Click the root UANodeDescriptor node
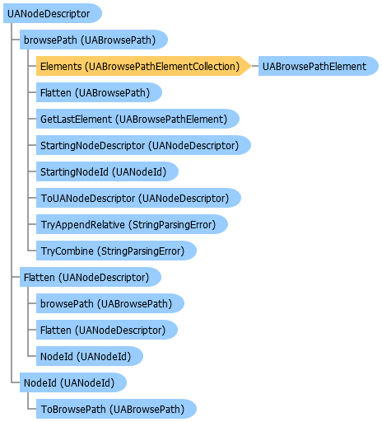49,13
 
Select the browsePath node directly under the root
92,40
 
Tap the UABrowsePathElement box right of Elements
314,66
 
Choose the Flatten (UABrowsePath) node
99,92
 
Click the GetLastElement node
134,119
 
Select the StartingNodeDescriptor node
139,145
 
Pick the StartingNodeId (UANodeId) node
107,171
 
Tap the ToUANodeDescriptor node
134,198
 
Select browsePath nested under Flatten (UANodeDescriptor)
105,303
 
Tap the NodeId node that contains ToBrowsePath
72,382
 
